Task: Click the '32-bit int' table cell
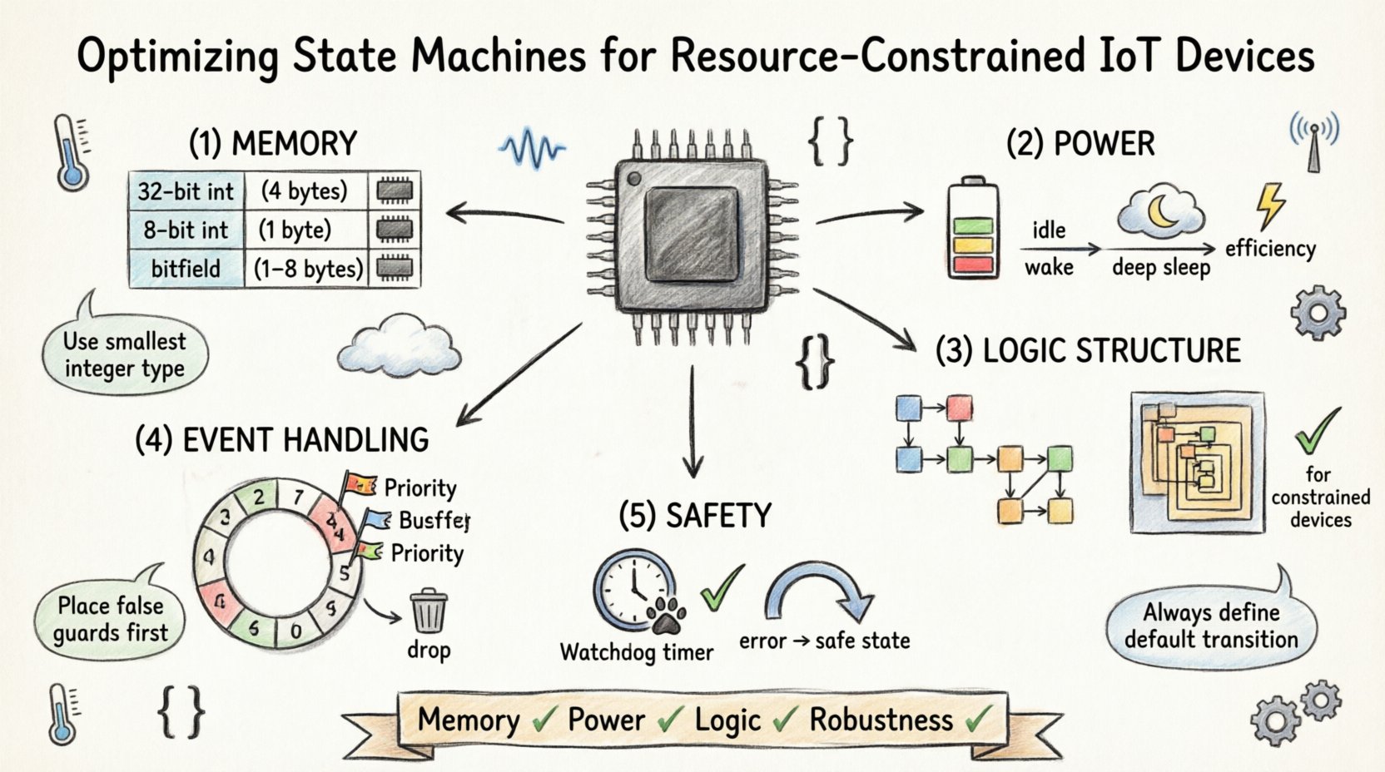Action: (186, 191)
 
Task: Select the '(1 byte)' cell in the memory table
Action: (295, 230)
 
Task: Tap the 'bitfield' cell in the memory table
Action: (186, 269)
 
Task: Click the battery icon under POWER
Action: (973, 227)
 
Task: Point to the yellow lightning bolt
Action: (1270, 205)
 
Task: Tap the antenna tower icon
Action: (1313, 142)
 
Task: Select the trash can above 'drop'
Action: (429, 611)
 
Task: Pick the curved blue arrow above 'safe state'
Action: (819, 591)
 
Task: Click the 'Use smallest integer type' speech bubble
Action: (124, 354)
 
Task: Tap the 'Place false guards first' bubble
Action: (110, 619)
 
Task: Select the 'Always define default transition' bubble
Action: (1211, 626)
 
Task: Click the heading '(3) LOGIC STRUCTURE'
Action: (1088, 351)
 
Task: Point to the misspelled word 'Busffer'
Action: (434, 521)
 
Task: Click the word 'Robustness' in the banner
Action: (881, 720)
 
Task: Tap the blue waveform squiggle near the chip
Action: (531, 149)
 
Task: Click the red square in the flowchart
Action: (959, 408)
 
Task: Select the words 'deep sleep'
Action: (1160, 268)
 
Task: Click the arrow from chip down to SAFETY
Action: (692, 424)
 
